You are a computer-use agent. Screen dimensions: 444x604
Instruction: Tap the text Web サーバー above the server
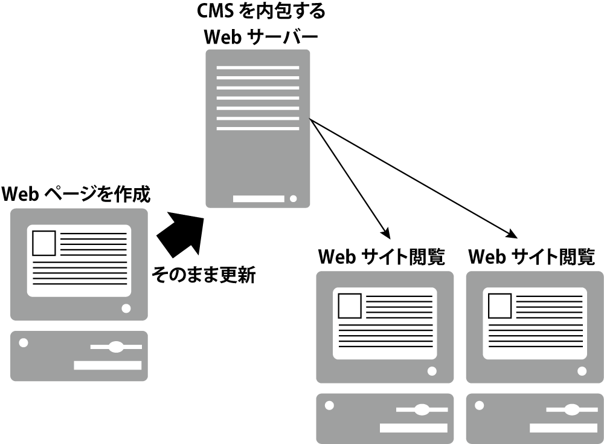point(261,37)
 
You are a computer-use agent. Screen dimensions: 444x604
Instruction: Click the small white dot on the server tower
point(294,198)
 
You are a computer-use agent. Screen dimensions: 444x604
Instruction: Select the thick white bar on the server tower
point(259,198)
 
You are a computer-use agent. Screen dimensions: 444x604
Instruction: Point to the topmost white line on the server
point(258,67)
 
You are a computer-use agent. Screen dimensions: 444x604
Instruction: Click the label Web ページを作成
point(76,195)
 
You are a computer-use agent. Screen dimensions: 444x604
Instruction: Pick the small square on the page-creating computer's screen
point(44,244)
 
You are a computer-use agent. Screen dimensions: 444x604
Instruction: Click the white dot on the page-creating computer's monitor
point(126,308)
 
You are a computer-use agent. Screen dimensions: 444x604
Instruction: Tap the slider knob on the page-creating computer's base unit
point(115,347)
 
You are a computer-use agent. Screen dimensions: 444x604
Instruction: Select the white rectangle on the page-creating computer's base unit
point(108,365)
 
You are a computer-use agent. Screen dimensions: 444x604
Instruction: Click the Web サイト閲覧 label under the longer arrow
point(532,257)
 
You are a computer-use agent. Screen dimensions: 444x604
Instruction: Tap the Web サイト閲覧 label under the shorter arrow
point(382,257)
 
